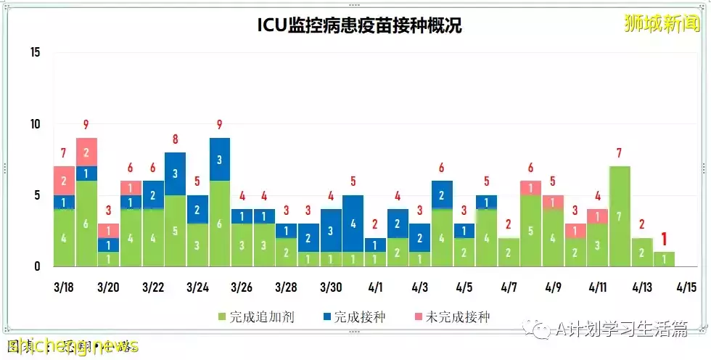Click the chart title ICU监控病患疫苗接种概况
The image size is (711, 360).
click(x=360, y=25)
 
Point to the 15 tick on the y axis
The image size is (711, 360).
click(x=36, y=52)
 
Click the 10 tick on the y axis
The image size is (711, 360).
click(x=36, y=124)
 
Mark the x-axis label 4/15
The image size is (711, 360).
click(x=686, y=287)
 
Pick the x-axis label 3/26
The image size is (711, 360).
click(x=242, y=287)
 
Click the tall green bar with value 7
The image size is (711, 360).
click(x=619, y=216)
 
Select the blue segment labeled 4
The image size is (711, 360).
click(x=353, y=224)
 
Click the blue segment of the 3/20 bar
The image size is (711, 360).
click(x=108, y=245)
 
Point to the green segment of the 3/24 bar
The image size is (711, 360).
click(x=197, y=245)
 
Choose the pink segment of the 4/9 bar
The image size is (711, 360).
click(x=553, y=202)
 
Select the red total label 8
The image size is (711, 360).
click(x=175, y=139)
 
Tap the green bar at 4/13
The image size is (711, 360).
click(x=641, y=253)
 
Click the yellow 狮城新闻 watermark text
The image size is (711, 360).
click(x=662, y=24)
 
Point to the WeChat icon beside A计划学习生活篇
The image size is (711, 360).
click(x=541, y=331)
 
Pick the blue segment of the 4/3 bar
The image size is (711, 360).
click(x=419, y=237)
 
